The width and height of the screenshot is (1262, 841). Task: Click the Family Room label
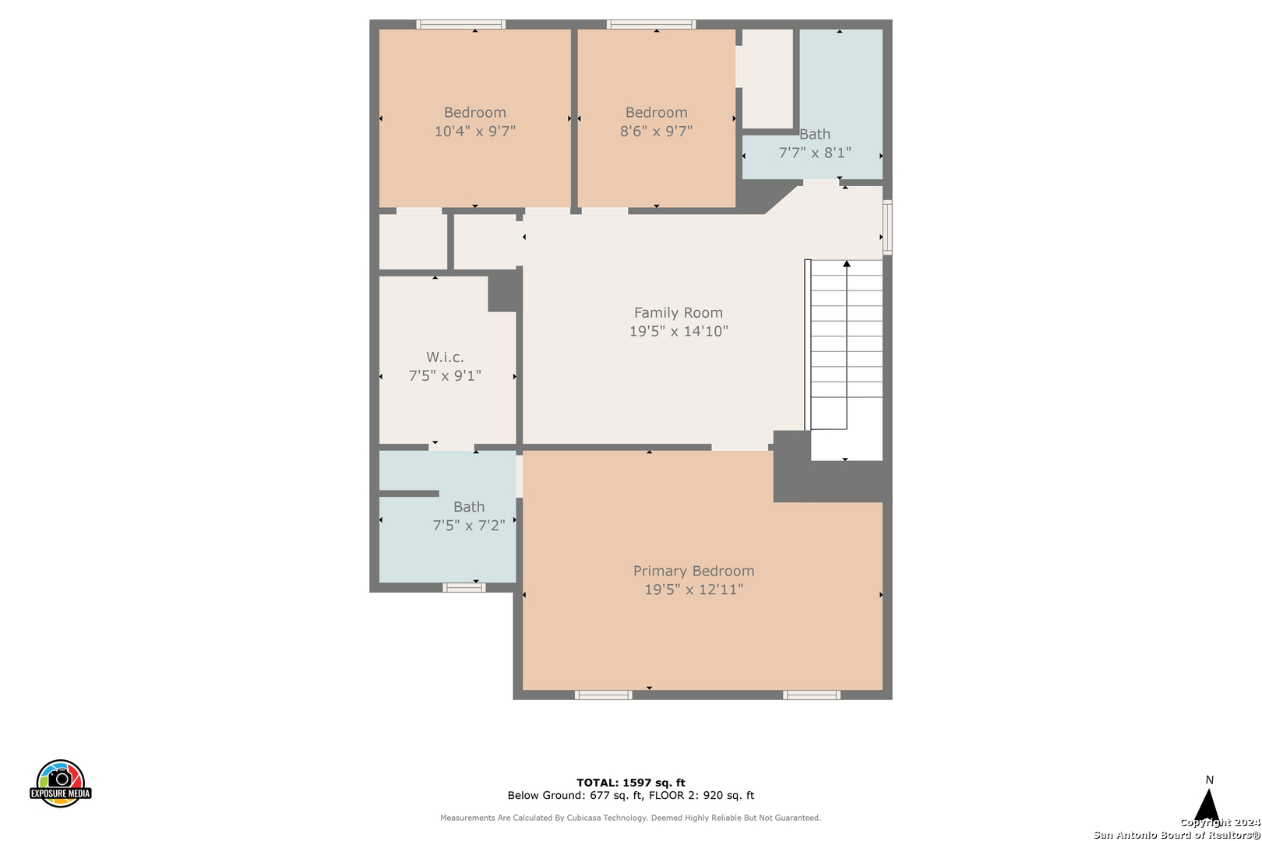click(x=679, y=312)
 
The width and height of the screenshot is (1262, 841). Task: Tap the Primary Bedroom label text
click(x=693, y=571)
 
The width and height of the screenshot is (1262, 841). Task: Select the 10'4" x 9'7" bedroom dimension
click(x=475, y=132)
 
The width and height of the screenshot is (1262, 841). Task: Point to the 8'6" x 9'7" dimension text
click(x=657, y=132)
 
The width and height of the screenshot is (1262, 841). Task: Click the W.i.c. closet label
click(x=445, y=357)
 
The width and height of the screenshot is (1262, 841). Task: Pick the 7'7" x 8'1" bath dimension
click(x=815, y=153)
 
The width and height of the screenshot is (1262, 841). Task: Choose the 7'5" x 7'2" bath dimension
click(x=469, y=526)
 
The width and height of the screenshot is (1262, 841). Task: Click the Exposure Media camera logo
click(x=60, y=783)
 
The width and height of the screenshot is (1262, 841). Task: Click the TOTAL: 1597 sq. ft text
click(x=631, y=783)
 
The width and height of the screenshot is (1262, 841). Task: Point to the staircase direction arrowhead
click(x=846, y=264)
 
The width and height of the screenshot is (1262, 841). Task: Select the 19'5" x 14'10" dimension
click(x=679, y=331)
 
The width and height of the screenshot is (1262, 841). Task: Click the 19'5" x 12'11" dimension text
click(x=693, y=589)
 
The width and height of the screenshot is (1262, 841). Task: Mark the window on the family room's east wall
click(x=887, y=227)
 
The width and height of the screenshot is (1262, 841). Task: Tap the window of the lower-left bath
click(x=464, y=587)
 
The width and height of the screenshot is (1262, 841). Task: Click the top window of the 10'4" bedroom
click(x=461, y=24)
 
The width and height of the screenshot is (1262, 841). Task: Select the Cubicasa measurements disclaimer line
click(x=630, y=818)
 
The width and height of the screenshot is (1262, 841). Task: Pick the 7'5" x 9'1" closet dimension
click(x=445, y=375)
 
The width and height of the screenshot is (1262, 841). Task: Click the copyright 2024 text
click(x=1220, y=822)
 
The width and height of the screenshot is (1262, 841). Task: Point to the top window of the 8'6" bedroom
click(x=651, y=24)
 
